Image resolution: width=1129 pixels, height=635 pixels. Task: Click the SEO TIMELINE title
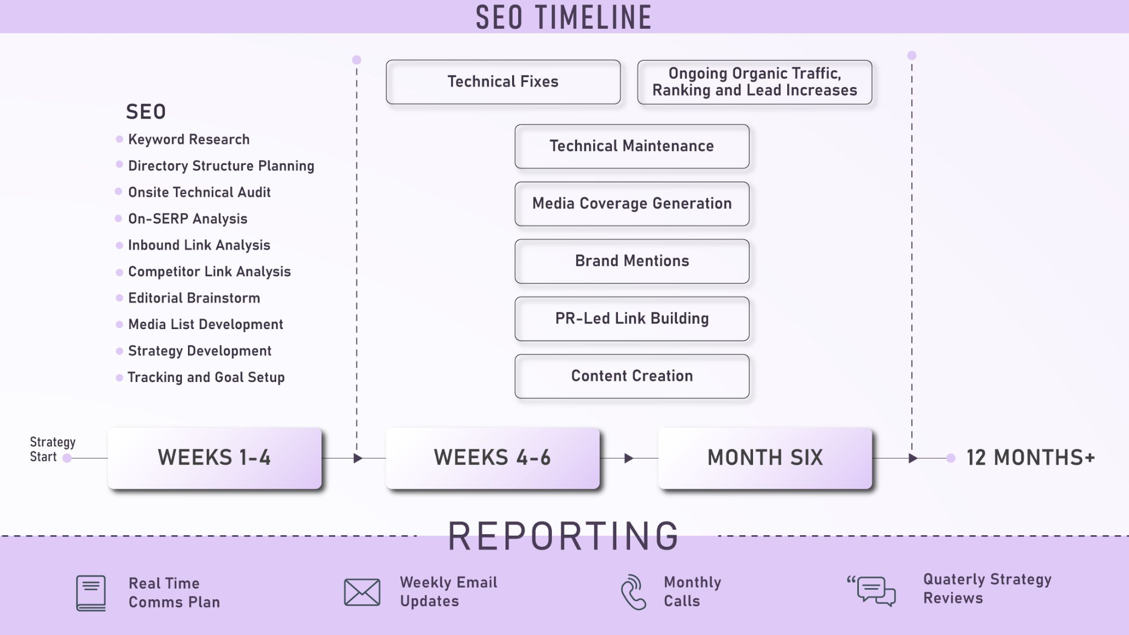pos(563,17)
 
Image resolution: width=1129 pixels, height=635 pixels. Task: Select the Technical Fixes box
pos(503,82)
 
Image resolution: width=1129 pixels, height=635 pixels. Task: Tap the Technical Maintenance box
pos(632,146)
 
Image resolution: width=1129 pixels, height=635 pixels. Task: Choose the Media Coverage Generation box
pos(632,204)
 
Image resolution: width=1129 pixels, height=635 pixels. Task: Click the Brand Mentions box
pos(632,261)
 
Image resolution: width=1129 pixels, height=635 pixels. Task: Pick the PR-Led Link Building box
pos(632,319)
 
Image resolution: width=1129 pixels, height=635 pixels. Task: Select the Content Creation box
pos(632,376)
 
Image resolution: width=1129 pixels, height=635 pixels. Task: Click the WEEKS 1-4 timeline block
pos(214,458)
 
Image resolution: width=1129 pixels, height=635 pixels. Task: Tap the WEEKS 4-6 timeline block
pos(492,458)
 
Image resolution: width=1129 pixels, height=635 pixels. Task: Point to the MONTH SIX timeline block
pos(765,458)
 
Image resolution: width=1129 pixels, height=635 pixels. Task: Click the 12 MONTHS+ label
pos(1030,458)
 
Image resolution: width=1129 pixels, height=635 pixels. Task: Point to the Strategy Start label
pos(52,449)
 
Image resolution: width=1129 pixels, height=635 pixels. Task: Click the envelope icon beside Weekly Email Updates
pos(362,593)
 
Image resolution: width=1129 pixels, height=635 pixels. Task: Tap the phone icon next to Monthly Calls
pos(633,593)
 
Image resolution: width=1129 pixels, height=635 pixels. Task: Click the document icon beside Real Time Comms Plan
pos(91,593)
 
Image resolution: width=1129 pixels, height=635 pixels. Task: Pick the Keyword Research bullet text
pos(189,139)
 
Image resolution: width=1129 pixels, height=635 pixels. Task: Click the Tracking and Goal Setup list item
pos(206,378)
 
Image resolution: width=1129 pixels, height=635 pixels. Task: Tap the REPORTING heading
pos(563,536)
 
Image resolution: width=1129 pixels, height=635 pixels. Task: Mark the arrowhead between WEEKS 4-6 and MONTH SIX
pos(628,459)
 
